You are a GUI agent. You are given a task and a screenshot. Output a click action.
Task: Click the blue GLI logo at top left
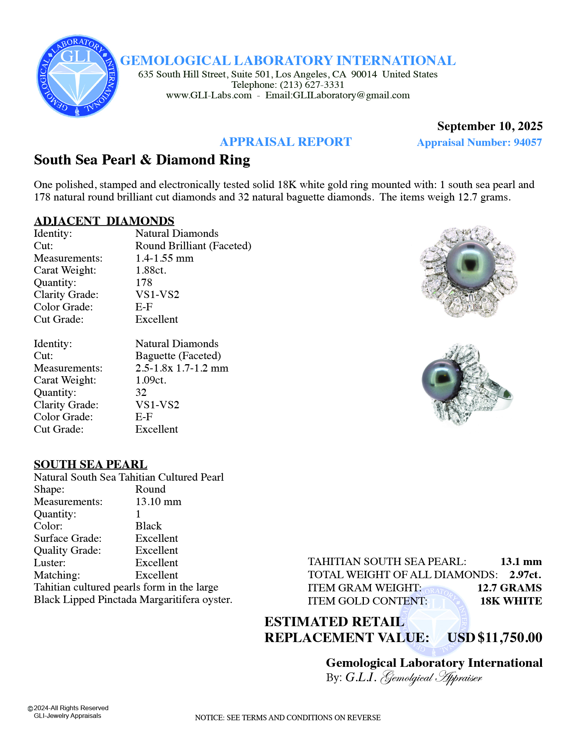click(x=77, y=76)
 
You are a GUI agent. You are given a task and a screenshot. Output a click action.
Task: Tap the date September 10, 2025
click(x=490, y=126)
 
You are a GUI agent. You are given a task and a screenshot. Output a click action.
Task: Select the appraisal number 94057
click(x=528, y=142)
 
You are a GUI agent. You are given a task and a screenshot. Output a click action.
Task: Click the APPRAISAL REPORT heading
click(x=286, y=142)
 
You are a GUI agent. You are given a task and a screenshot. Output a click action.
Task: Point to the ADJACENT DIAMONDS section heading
click(x=104, y=221)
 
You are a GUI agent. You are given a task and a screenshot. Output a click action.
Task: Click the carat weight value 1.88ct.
click(x=151, y=270)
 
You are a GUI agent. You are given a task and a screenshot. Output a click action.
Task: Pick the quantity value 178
click(x=144, y=283)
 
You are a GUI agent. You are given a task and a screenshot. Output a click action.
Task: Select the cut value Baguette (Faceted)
click(x=178, y=356)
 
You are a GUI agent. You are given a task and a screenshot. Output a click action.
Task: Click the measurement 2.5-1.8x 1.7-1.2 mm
click(x=182, y=368)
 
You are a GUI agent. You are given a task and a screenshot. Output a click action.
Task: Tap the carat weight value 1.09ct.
click(x=151, y=380)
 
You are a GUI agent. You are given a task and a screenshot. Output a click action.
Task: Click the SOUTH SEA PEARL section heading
click(x=91, y=464)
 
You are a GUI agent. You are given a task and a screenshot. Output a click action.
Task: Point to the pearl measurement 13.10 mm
click(x=158, y=502)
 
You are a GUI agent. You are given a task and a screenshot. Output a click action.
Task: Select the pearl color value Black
click(x=149, y=526)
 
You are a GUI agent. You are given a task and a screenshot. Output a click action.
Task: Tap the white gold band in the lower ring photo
click(x=503, y=399)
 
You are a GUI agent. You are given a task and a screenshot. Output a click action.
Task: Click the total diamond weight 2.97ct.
click(x=525, y=575)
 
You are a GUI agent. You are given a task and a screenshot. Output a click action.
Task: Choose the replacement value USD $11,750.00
click(x=495, y=637)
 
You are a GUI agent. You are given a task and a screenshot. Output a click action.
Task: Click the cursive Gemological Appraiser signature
click(x=432, y=678)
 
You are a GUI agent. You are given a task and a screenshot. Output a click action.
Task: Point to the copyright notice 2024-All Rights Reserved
click(x=70, y=708)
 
